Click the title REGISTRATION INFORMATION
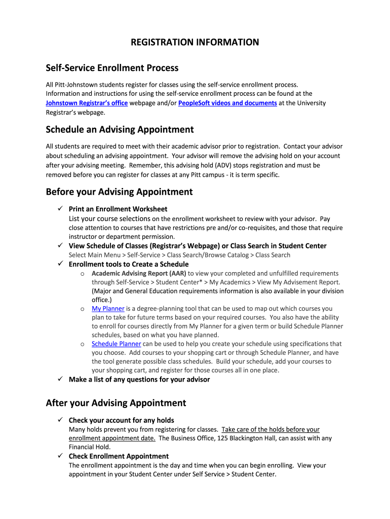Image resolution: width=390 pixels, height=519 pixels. [x=195, y=42]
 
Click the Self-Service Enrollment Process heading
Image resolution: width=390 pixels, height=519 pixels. [x=112, y=67]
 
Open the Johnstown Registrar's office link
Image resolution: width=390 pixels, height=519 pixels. [x=87, y=103]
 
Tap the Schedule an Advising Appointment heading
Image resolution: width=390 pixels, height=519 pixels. [x=120, y=129]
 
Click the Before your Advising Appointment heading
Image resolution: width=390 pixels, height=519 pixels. [x=119, y=192]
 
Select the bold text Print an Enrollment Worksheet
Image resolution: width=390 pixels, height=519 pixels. [x=118, y=209]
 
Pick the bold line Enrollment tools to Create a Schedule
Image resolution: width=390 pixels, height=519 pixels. [x=129, y=264]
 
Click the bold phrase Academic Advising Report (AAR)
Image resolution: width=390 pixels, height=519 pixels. [x=139, y=273]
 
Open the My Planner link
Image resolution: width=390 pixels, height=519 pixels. [x=108, y=308]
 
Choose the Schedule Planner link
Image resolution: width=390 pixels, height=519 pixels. [x=116, y=344]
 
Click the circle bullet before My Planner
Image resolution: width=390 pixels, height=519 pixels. [x=82, y=309]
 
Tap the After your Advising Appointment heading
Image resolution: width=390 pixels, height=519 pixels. [x=116, y=403]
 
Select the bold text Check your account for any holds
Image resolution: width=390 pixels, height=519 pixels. [x=121, y=420]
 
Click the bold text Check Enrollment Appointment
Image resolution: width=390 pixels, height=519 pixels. [x=119, y=456]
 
